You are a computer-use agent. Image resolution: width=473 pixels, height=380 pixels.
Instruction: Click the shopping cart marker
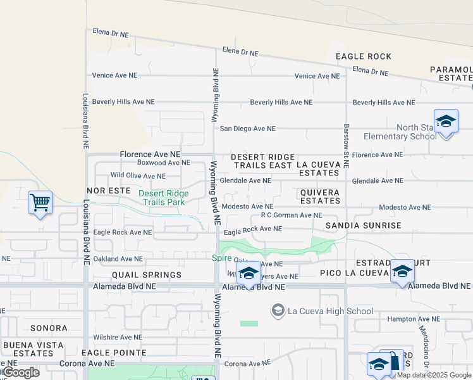point(40,203)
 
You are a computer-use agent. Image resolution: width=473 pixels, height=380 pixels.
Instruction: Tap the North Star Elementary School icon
point(446,121)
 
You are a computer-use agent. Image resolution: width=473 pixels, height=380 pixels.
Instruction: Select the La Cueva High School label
point(331,311)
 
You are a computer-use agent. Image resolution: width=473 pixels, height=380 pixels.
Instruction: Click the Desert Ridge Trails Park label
point(163,198)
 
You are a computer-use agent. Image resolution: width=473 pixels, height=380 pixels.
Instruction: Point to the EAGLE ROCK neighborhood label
point(364,56)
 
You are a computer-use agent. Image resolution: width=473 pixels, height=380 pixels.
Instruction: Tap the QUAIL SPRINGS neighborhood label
point(147,275)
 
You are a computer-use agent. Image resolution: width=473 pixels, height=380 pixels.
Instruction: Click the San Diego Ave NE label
point(248,129)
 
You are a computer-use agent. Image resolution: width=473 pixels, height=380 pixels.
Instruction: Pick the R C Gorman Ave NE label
point(292,215)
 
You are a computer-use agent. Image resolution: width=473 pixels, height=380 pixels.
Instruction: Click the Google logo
point(20,372)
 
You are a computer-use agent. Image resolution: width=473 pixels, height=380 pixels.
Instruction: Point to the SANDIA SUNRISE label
point(364,225)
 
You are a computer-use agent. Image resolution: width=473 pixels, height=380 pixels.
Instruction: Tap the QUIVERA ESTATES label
point(320,196)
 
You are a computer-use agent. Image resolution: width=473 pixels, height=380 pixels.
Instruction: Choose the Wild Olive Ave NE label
point(138,176)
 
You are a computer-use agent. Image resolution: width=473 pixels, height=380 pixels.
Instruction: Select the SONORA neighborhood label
point(47,328)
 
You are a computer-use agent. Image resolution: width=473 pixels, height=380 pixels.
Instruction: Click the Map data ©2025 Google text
point(434,375)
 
